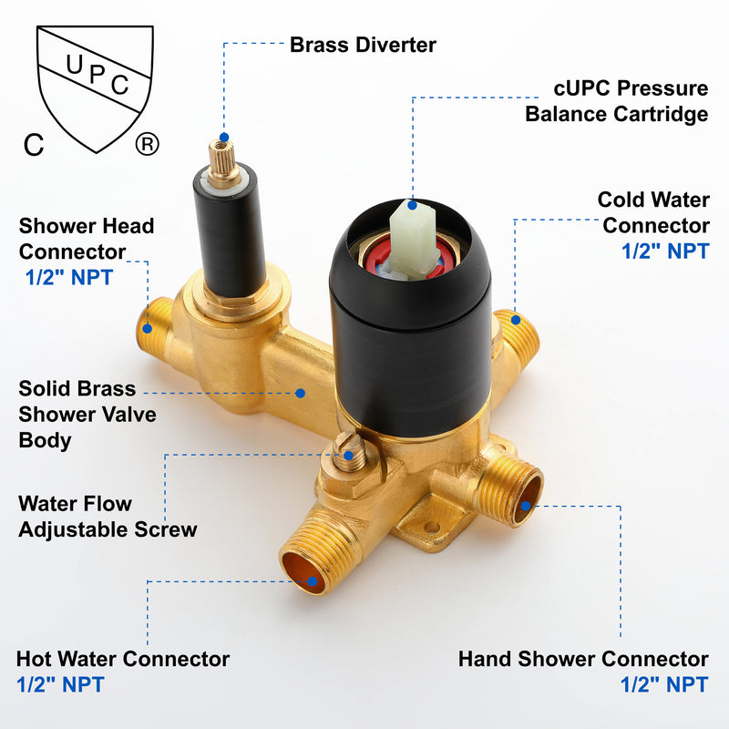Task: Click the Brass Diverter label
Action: [363, 44]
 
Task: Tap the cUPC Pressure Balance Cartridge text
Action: [617, 101]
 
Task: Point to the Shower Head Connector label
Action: [87, 238]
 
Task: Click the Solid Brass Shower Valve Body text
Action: [87, 414]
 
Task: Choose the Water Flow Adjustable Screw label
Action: [108, 516]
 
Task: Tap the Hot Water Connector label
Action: [123, 658]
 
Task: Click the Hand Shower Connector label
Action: [583, 658]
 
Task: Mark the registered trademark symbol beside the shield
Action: [146, 144]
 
